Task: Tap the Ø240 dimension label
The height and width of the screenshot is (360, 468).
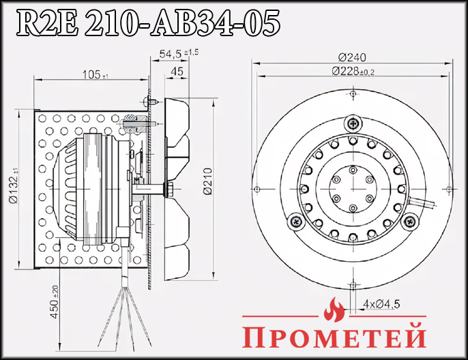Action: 351,57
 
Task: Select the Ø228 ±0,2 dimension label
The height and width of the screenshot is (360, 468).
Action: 353,71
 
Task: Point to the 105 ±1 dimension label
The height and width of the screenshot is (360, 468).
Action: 95,73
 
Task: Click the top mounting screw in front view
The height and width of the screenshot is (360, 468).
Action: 352,123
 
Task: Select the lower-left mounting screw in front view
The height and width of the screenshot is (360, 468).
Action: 296,220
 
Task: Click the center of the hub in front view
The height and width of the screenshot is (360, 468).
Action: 352,184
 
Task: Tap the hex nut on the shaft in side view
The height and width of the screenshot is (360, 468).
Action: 168,184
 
